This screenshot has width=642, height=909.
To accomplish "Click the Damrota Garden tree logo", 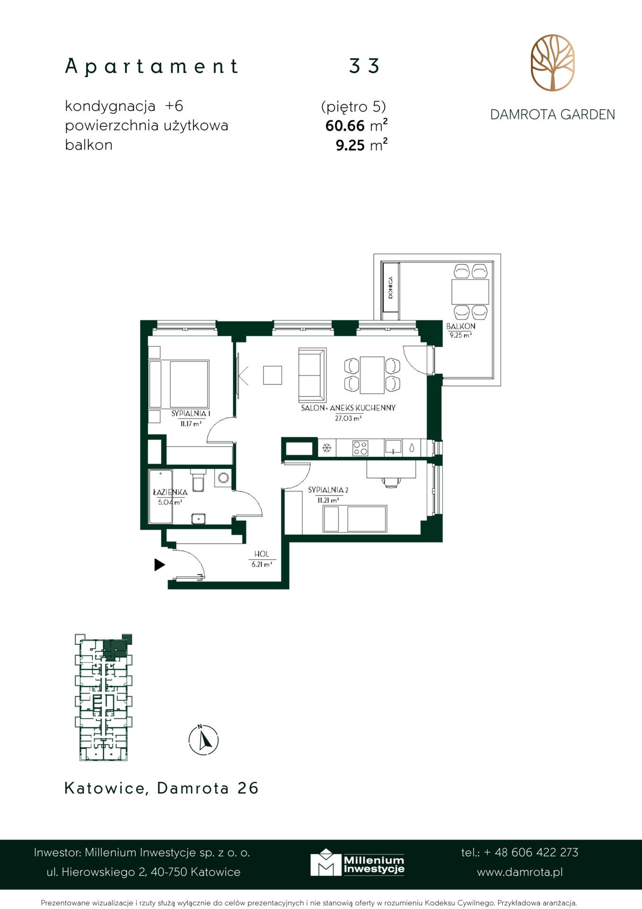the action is pyautogui.click(x=552, y=62).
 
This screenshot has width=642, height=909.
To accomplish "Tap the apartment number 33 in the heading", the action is pyautogui.click(x=364, y=66).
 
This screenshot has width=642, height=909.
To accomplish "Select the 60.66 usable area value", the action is pyautogui.click(x=345, y=126).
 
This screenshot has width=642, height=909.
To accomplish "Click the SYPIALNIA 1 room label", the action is pyautogui.click(x=191, y=413).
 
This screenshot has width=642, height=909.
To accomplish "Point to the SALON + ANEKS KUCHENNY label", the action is pyautogui.click(x=348, y=408).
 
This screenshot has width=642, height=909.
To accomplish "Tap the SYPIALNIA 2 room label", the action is pyautogui.click(x=328, y=490).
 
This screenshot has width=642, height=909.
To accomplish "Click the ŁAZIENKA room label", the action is pyautogui.click(x=170, y=492).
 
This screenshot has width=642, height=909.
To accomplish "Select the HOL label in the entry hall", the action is pyautogui.click(x=262, y=554).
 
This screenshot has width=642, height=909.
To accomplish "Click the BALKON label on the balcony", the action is pyautogui.click(x=461, y=326).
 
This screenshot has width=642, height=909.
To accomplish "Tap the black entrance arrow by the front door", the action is pyautogui.click(x=159, y=564).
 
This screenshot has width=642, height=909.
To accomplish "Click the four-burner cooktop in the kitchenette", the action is pyautogui.click(x=360, y=448).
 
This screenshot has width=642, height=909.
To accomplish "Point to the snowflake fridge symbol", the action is pyautogui.click(x=326, y=447).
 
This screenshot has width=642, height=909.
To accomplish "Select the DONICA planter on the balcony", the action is pyautogui.click(x=391, y=287).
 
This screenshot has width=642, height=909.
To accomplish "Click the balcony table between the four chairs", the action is pyautogui.click(x=470, y=292).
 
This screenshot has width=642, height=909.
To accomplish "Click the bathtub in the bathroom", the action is pyautogui.click(x=161, y=497).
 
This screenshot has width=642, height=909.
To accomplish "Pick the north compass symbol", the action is pyautogui.click(x=203, y=740).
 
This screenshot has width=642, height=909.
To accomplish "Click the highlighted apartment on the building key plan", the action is pyautogui.click(x=115, y=650).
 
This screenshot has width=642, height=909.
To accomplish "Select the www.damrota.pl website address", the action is pyautogui.click(x=520, y=872).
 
